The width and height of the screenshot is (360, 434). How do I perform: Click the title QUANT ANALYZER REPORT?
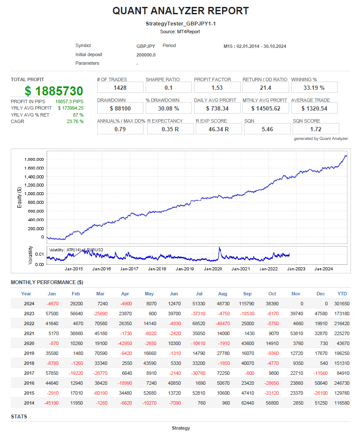click(x=180, y=11)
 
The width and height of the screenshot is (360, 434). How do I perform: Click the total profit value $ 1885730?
click(x=54, y=91)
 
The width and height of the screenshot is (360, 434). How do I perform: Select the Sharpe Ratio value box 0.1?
click(x=167, y=88)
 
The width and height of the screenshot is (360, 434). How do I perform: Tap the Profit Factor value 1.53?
click(x=215, y=88)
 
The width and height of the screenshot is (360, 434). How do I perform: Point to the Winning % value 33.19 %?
click(x=312, y=88)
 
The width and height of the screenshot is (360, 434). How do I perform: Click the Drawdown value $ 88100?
click(x=120, y=108)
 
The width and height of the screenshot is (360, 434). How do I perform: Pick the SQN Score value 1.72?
click(x=315, y=129)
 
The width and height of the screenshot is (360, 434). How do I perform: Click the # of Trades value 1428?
click(x=120, y=88)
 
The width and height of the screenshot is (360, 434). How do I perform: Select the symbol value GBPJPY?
click(x=146, y=46)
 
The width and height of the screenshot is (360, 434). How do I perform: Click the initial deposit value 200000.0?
click(x=146, y=55)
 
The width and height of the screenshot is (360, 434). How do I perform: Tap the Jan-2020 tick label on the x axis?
click(x=213, y=269)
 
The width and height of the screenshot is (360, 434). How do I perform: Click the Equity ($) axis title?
click(x=19, y=198)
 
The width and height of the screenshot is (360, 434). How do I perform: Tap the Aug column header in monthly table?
click(x=223, y=294)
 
